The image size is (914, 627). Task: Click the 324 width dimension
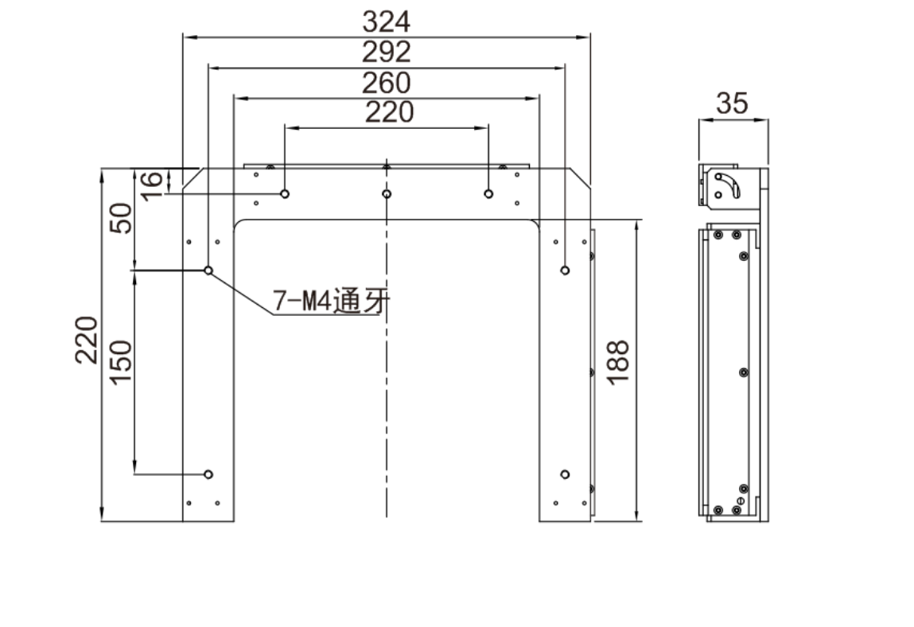(x=386, y=21)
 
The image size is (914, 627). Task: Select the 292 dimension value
(x=386, y=52)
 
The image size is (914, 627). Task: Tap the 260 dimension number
(x=386, y=83)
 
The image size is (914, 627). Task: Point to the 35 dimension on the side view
(x=732, y=103)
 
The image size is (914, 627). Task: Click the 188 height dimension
(x=618, y=362)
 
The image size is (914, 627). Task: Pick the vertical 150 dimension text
(x=121, y=362)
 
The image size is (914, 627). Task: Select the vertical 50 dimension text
(x=121, y=218)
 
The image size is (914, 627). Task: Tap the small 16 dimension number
(x=152, y=186)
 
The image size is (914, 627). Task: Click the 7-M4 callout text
(x=331, y=301)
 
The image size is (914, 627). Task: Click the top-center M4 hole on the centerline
(x=387, y=193)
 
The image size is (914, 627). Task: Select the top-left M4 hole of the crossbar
(x=285, y=193)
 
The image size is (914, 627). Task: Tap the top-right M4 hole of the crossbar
(x=488, y=193)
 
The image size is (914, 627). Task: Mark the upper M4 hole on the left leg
(x=208, y=270)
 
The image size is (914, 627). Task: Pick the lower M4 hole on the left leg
(x=208, y=474)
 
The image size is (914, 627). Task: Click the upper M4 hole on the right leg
(x=565, y=270)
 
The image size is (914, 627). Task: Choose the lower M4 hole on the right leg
(x=565, y=474)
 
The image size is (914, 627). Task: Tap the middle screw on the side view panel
(x=744, y=372)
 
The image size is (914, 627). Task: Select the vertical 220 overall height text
(x=86, y=340)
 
